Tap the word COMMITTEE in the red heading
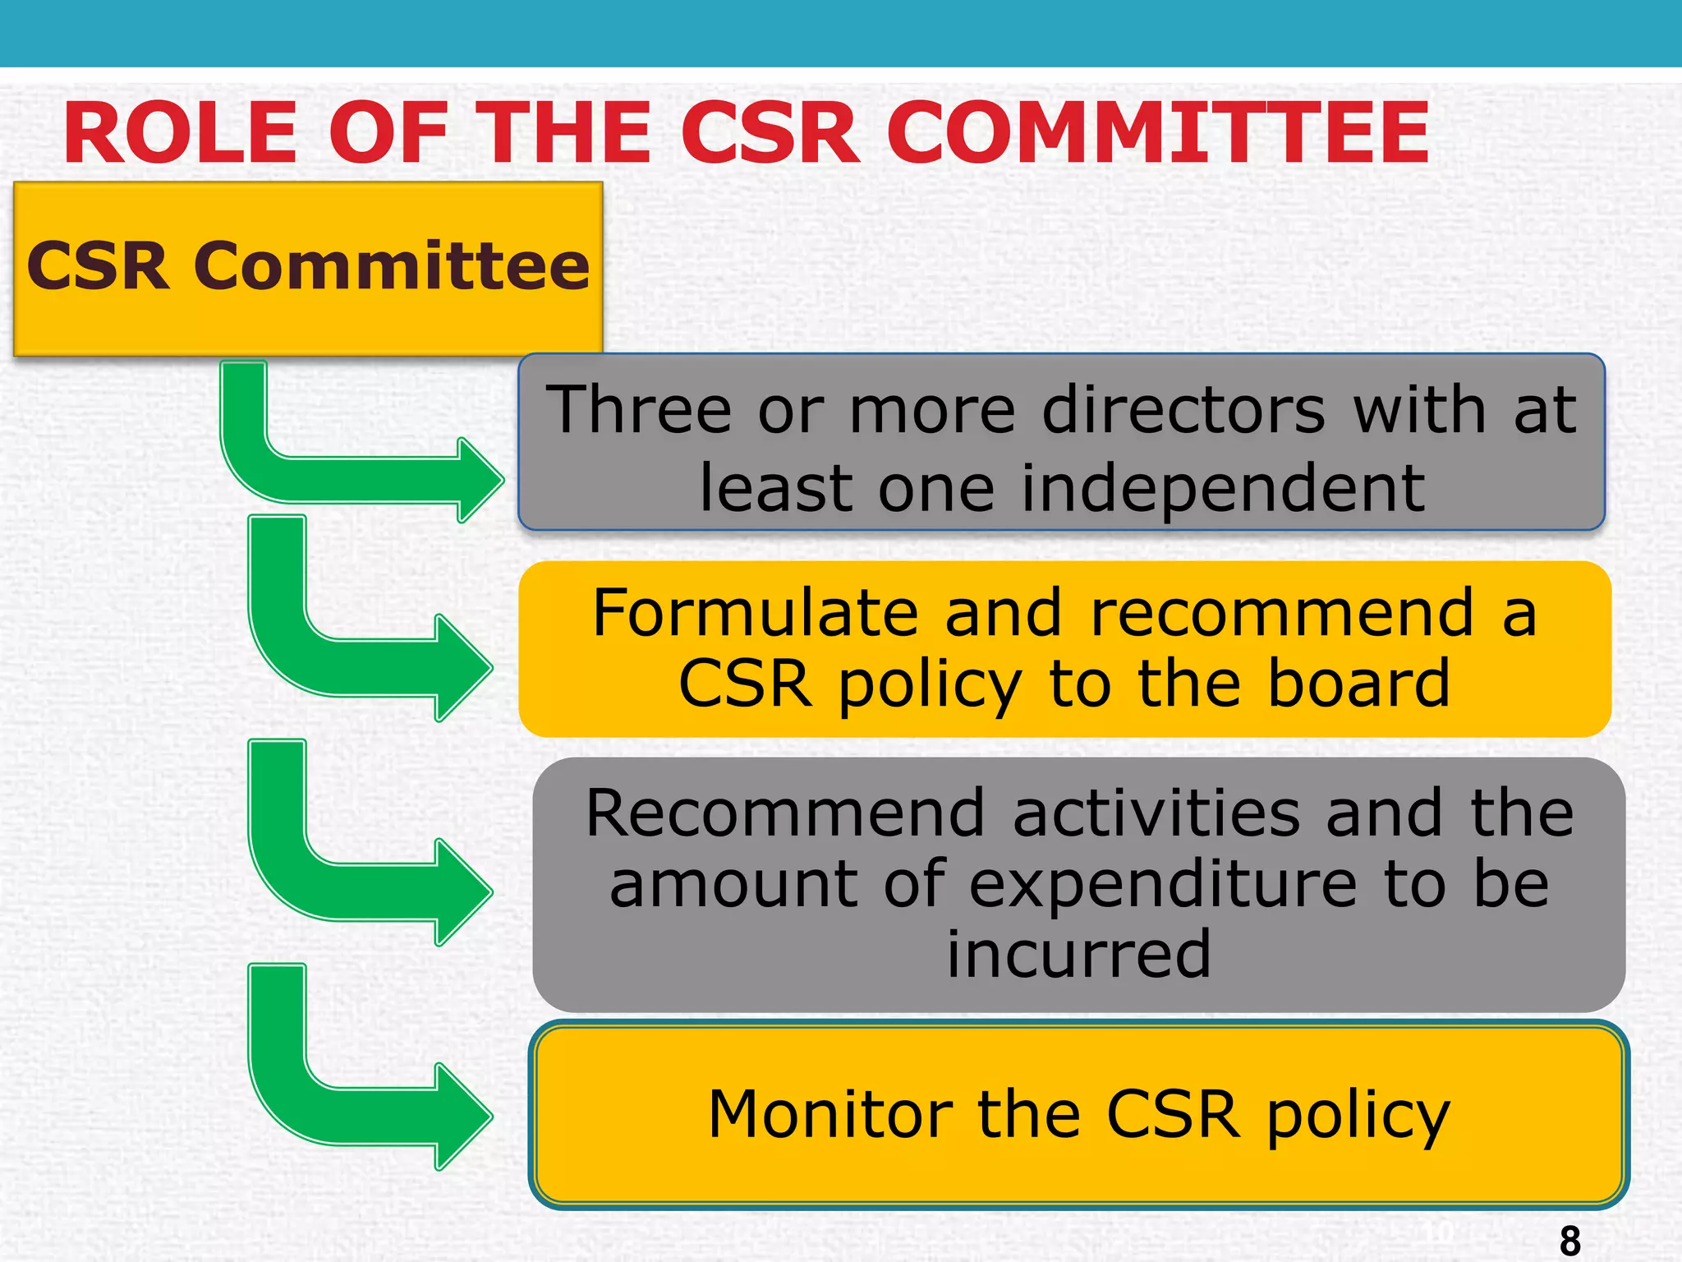[x=1158, y=133]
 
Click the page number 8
[x=1569, y=1240]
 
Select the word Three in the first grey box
[x=639, y=410]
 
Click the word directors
[x=1183, y=410]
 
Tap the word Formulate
[x=754, y=614]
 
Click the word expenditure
[x=1163, y=885]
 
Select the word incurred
[x=1078, y=955]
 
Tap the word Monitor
[x=830, y=1116]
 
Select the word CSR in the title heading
[x=770, y=133]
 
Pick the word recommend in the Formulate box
[x=1281, y=614]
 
